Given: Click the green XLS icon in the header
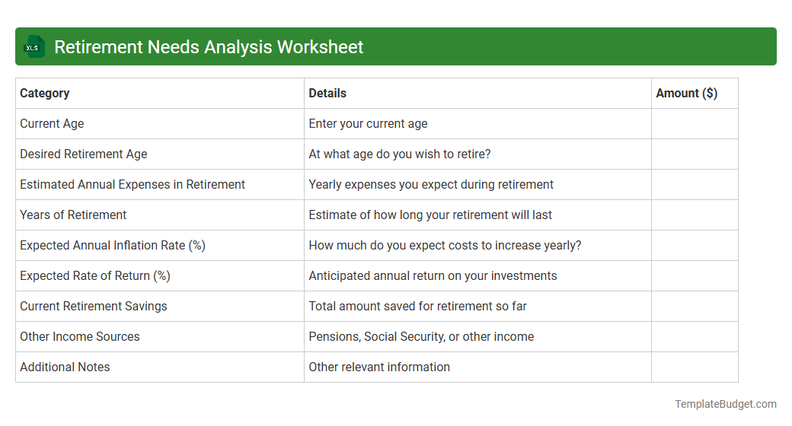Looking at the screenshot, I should pos(34,47).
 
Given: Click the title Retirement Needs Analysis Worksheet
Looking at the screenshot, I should pos(209,47).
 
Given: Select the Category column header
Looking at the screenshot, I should pos(45,94).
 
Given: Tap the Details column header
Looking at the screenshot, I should pos(327,94).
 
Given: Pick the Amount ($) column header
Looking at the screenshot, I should pos(686,94).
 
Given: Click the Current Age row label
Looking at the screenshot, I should pos(52,124).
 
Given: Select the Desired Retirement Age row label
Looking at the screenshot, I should pos(84,154).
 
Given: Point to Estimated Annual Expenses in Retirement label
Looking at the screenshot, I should pos(133,185).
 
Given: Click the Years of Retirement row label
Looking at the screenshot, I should pos(73,215).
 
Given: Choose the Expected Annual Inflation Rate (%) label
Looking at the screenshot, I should pos(113,246).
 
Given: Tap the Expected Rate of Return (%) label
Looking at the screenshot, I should pos(95,276).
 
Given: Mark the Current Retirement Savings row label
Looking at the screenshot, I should pos(94,307).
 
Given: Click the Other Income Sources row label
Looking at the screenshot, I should pos(80,337).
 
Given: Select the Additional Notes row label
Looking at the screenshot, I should pos(65,367).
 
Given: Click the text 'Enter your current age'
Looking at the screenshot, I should pos(368,124).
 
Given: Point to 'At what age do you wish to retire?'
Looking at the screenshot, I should pos(400,154).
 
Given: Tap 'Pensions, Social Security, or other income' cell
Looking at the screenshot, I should pos(421,337).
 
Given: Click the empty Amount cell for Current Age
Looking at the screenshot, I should pos(695,124).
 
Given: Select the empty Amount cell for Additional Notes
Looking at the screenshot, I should pos(695,367).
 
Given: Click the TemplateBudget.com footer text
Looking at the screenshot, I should pos(725,405).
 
